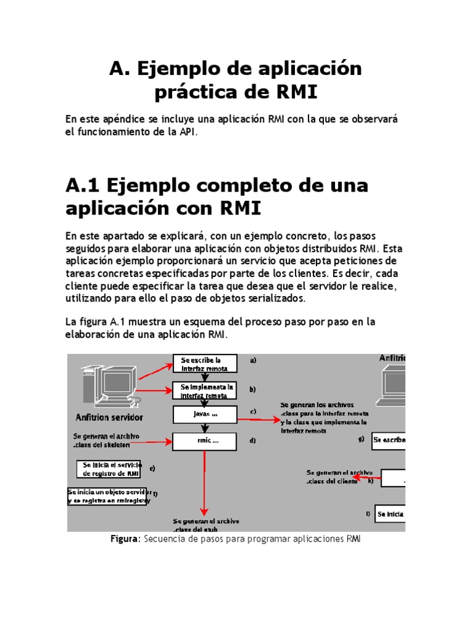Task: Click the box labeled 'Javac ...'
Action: point(205,415)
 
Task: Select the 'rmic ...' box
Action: point(205,441)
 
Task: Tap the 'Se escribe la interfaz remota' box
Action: point(205,364)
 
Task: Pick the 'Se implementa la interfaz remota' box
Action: point(205,391)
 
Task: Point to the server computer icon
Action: point(107,385)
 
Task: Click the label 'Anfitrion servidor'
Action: point(109,418)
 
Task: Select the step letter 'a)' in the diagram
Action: point(253,361)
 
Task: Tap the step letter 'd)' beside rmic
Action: point(253,441)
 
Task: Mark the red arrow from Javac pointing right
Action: point(258,420)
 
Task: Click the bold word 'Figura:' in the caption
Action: point(126,539)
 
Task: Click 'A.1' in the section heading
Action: point(85,185)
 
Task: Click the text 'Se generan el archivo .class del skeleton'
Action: point(106,440)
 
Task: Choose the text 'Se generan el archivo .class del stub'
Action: point(206,525)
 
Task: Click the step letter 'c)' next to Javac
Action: point(253,412)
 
